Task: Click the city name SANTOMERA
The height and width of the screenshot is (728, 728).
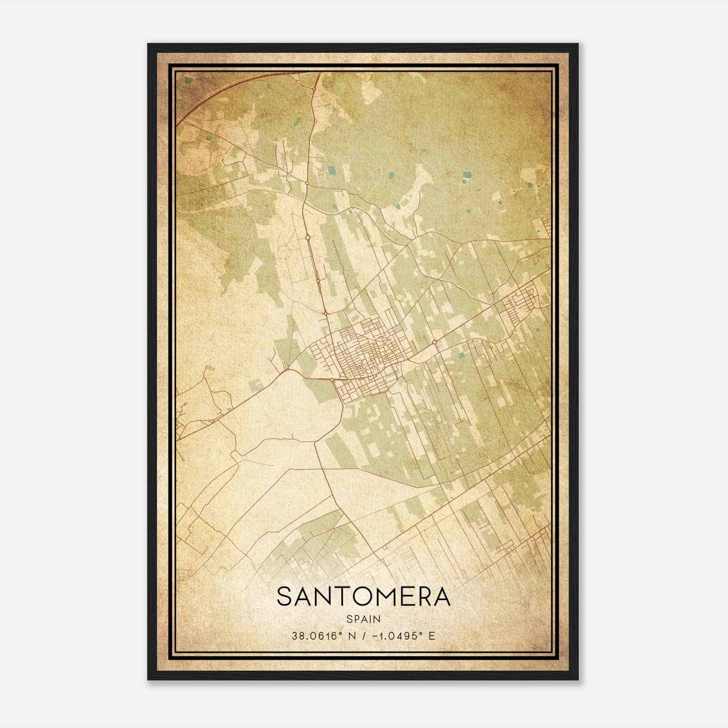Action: point(364,597)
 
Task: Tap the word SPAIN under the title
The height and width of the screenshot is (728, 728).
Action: point(364,619)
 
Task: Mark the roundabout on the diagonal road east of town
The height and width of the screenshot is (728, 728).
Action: point(435,342)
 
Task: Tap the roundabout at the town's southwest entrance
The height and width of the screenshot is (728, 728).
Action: point(333,379)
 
